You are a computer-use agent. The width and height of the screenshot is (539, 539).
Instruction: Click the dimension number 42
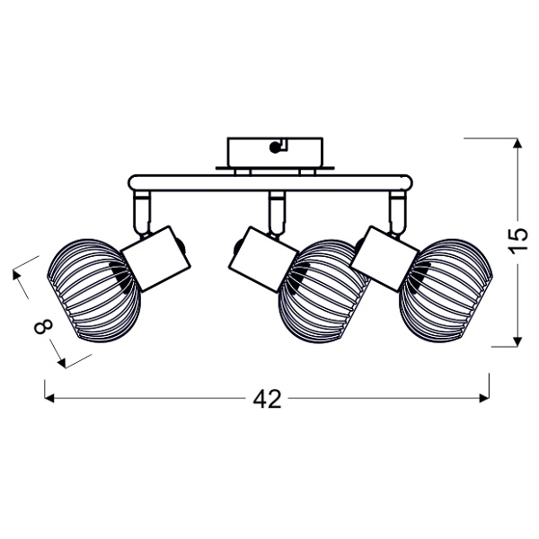click(x=267, y=399)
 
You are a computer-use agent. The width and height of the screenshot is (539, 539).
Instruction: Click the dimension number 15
click(x=517, y=240)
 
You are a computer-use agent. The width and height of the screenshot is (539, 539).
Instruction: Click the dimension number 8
click(x=44, y=326)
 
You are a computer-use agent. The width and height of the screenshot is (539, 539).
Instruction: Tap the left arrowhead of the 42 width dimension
click(x=49, y=398)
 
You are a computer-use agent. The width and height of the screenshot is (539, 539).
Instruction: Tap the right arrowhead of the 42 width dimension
click(x=484, y=398)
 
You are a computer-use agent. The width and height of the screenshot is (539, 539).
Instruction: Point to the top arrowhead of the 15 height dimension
click(x=517, y=143)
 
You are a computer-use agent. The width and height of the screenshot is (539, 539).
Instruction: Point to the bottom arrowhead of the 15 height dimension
click(x=517, y=341)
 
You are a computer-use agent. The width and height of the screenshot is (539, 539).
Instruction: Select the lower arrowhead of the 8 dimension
click(x=62, y=363)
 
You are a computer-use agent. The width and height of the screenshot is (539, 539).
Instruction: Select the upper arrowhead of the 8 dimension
click(x=16, y=275)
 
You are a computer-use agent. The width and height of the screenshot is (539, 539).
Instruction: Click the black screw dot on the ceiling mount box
click(x=274, y=148)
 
